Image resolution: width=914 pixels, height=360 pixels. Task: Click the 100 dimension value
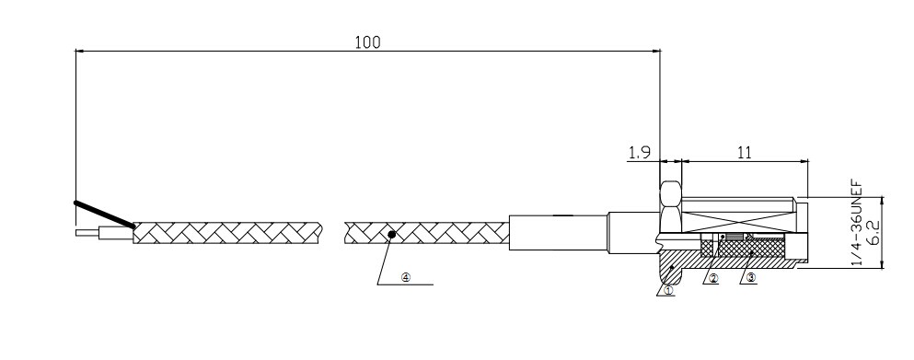click(x=367, y=42)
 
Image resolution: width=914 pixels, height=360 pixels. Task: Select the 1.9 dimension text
click(x=639, y=153)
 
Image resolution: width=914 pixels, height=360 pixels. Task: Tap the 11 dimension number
click(x=745, y=153)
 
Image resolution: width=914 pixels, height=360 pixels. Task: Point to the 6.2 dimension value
click(x=873, y=232)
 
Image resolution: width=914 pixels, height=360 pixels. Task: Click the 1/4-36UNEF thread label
click(x=856, y=224)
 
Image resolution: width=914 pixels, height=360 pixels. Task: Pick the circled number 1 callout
click(x=668, y=289)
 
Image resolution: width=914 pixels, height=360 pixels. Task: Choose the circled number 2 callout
click(x=713, y=278)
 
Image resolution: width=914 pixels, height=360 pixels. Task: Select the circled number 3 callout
click(x=751, y=278)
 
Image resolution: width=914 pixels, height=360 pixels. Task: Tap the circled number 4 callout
click(x=406, y=278)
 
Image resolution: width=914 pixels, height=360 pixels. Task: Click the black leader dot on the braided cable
click(x=392, y=234)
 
